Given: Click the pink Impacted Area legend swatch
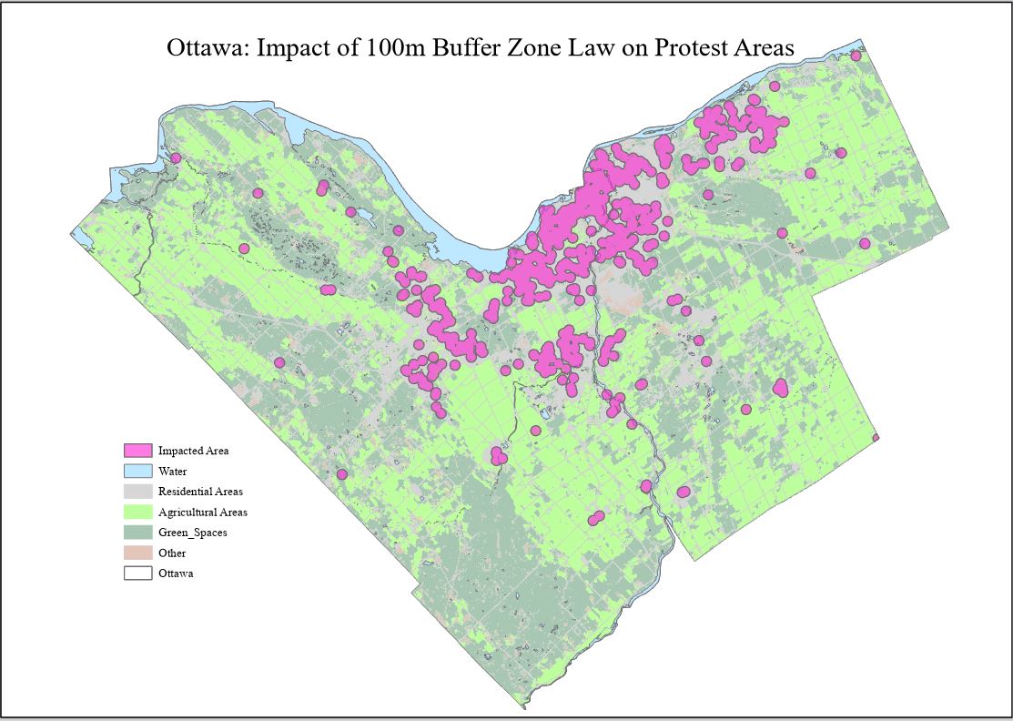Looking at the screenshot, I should click(x=137, y=451).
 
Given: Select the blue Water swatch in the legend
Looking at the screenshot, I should click(x=137, y=472).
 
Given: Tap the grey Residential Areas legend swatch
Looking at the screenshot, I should click(x=137, y=492).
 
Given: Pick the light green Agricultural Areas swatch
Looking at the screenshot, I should click(x=137, y=513).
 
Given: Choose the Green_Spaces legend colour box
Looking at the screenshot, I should click(x=137, y=533).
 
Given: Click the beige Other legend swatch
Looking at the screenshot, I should click(x=137, y=553).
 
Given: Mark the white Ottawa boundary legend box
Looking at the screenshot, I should click(x=137, y=574).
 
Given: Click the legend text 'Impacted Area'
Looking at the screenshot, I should click(x=193, y=451).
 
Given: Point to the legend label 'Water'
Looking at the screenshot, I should click(x=172, y=472).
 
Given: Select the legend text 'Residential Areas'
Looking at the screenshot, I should click(x=200, y=492).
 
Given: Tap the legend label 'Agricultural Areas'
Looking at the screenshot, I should click(x=202, y=513).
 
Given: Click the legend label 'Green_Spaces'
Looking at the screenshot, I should click(x=192, y=533).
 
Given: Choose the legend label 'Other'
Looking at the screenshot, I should click(x=172, y=553).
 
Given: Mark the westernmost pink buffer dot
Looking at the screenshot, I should click(x=175, y=158).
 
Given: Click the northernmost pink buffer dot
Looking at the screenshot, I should click(x=856, y=56).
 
